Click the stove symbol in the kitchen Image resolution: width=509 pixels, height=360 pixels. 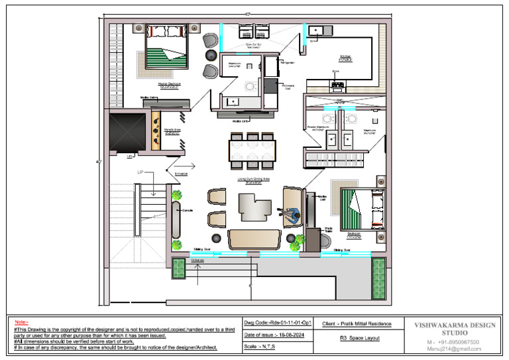coord(337,84)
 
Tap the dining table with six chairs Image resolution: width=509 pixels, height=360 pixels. coord(251,147)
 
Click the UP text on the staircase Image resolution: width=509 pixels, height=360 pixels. coord(141,172)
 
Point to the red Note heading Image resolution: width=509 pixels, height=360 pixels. coord(21,322)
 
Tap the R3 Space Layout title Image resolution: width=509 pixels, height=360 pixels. coord(357,337)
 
